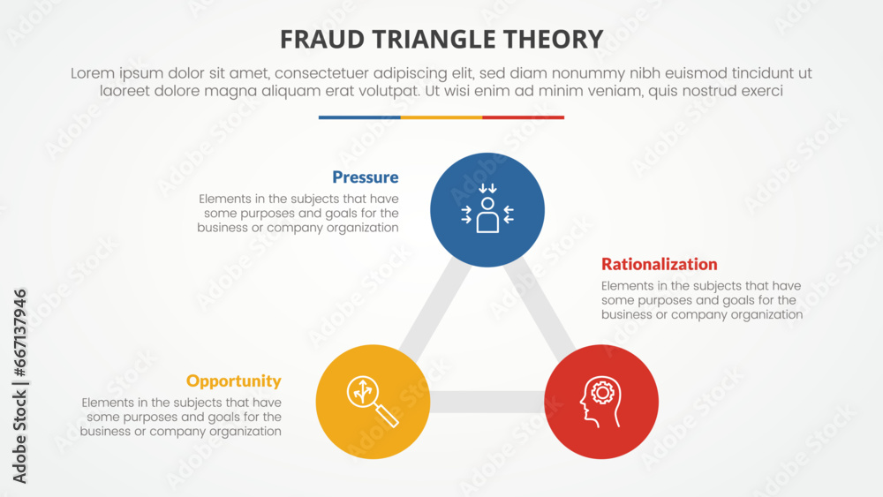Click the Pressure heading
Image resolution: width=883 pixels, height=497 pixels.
pos(365,177)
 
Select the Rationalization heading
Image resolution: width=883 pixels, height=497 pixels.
pos(659,264)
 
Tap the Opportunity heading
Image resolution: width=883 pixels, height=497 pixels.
pos(233,381)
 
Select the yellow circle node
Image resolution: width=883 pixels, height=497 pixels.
pos(373,402)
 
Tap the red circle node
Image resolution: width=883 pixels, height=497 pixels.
pos(601,402)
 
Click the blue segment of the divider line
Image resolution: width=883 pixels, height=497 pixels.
pos(359,117)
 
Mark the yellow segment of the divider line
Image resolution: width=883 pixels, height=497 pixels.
pos(441,117)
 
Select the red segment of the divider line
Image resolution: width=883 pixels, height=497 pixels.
pos(523,117)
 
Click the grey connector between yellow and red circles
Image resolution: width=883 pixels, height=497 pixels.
pos(487,403)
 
